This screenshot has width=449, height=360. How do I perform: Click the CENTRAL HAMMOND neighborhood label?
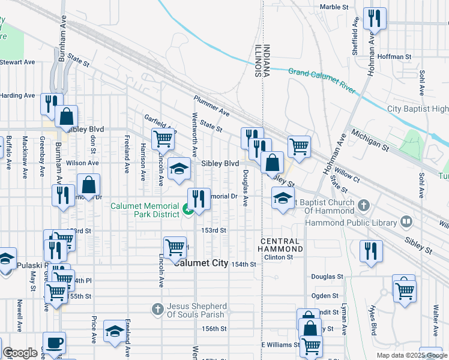point(281,244)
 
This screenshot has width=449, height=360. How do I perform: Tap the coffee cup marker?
point(55,343)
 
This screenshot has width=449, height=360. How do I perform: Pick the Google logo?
point(20,353)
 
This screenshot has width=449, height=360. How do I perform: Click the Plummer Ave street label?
point(211,106)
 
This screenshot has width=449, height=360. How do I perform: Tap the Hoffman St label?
point(395,57)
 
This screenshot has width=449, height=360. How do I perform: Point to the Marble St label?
point(334,7)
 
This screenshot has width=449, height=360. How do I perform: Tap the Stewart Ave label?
point(18,62)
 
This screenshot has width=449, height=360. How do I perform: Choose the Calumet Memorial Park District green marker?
point(187,209)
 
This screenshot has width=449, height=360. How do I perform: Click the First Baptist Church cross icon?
point(363,206)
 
